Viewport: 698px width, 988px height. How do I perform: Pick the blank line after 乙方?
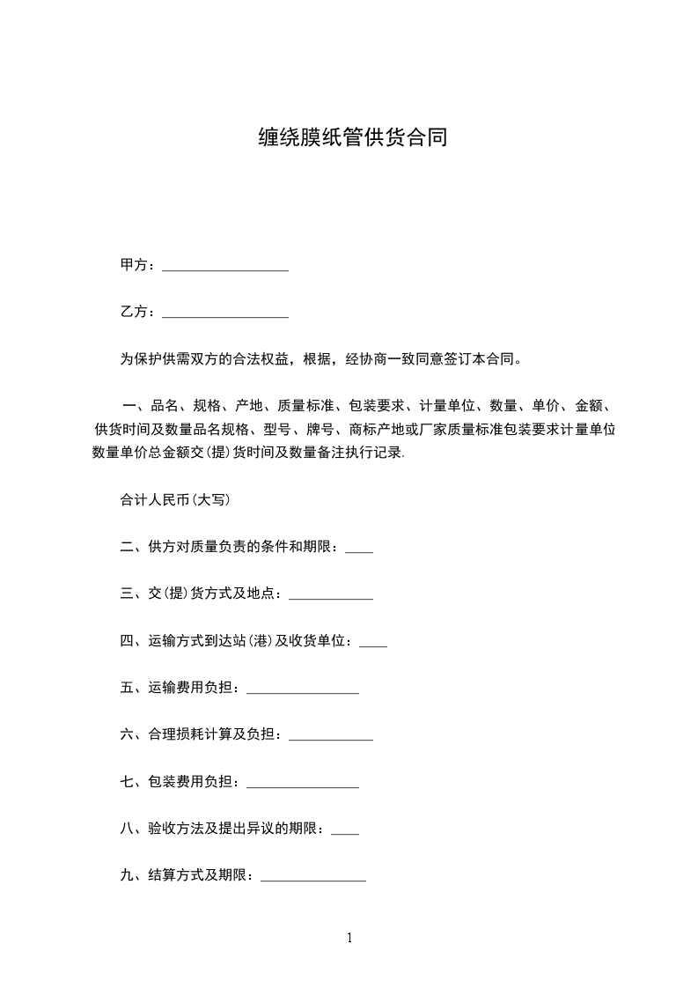[225, 314]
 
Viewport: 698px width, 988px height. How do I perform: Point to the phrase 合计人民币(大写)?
[175, 499]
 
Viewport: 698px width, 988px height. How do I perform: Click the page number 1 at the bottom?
[349, 938]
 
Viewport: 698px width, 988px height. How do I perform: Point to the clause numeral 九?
[127, 875]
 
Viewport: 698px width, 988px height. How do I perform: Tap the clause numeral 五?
[127, 688]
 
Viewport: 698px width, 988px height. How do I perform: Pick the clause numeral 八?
[127, 829]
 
